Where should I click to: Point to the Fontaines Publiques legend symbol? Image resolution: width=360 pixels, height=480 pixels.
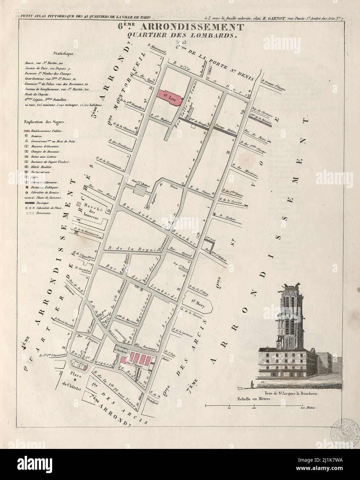27,187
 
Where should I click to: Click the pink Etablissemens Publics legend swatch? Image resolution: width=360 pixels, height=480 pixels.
27,132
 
